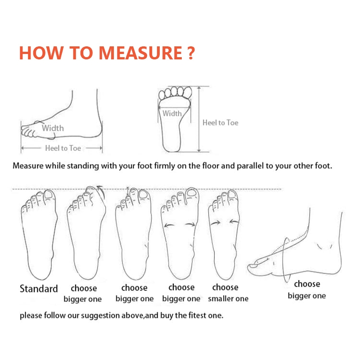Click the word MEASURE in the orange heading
(x=140, y=53)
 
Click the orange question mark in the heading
(x=191, y=53)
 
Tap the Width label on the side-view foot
(x=53, y=128)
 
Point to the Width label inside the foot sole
(x=172, y=113)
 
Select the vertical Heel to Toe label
(x=220, y=122)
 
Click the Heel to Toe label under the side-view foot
(x=63, y=148)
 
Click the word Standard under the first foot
(x=39, y=288)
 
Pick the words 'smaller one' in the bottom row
(x=228, y=298)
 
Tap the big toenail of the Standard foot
(x=49, y=194)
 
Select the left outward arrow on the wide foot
(x=169, y=225)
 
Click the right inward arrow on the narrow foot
(x=234, y=221)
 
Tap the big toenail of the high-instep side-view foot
(x=253, y=266)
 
